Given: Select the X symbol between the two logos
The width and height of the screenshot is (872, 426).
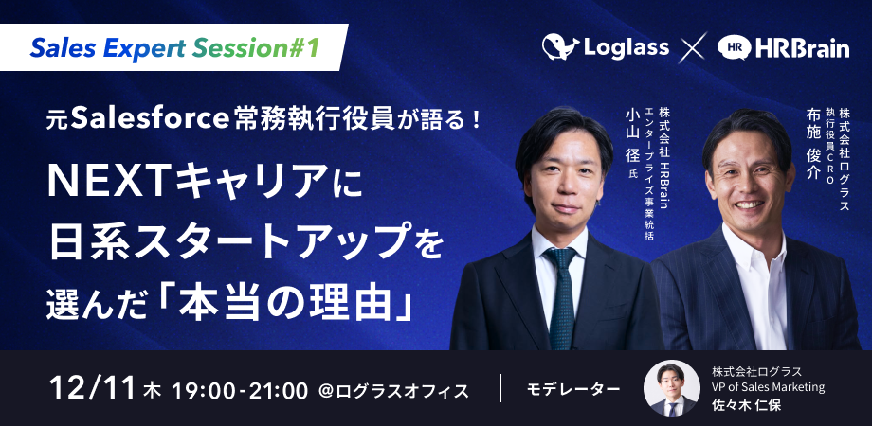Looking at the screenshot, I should click(693, 46).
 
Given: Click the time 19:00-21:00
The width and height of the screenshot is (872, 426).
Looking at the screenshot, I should click(240, 390).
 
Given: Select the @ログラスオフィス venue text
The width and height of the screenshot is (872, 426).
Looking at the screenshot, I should click(393, 390).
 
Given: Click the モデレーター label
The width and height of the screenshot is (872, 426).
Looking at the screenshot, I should click(573, 389).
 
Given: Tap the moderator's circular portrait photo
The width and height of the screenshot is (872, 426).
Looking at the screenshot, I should click(672, 389).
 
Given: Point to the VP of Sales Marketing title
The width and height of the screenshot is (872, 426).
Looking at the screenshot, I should click(768, 388).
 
